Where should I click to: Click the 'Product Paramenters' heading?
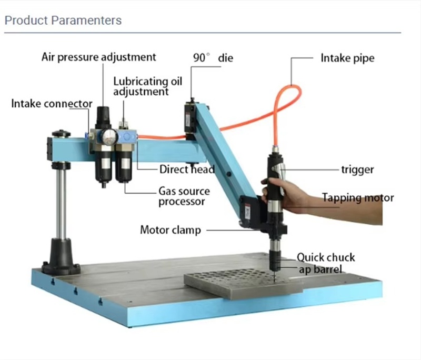click(63, 21)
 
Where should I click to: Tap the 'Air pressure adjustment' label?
click(99, 57)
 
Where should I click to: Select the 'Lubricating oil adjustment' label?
click(148, 86)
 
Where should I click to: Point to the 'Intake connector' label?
click(52, 104)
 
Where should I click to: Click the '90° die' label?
click(213, 58)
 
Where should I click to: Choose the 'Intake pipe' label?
click(347, 58)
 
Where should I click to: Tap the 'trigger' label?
click(357, 169)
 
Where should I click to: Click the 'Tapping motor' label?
click(358, 198)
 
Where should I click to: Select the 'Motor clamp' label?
click(171, 230)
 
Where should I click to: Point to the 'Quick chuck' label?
click(326, 257)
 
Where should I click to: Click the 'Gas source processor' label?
click(184, 196)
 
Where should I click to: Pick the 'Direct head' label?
click(187, 169)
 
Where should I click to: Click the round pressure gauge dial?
click(109, 137)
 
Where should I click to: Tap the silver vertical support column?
click(62, 204)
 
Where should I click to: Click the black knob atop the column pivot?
click(61, 134)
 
